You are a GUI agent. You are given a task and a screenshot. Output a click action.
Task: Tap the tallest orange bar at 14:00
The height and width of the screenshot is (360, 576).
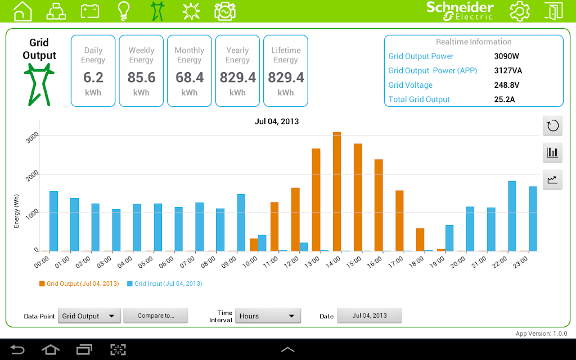[337, 191]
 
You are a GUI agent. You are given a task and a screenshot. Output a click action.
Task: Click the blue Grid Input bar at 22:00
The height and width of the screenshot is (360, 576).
[512, 216]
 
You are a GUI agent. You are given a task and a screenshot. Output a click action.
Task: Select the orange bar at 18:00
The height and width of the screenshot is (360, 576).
[420, 240]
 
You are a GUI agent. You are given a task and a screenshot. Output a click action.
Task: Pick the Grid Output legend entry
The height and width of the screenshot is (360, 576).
[79, 284]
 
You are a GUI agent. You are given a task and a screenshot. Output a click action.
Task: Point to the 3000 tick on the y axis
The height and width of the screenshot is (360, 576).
[32, 137]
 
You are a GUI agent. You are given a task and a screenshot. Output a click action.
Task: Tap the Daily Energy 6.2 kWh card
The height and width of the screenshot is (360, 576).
[93, 71]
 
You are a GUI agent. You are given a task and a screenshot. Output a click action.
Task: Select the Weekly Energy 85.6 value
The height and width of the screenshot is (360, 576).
[141, 77]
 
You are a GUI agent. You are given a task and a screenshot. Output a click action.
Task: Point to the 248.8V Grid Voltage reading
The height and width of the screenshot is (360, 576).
[506, 85]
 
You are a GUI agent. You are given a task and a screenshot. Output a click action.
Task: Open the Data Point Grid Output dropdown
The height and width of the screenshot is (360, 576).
[89, 316]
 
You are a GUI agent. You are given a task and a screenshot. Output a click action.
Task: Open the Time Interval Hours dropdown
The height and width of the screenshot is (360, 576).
[268, 316]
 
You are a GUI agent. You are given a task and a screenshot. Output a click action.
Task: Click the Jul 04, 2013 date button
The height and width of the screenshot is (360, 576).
[370, 316]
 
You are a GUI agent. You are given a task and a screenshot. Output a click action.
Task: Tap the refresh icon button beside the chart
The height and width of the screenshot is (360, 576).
[552, 125]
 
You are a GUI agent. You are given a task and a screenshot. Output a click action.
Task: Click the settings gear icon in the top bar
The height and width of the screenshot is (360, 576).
[520, 11]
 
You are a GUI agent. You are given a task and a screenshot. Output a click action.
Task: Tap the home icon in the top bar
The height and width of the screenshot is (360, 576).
[22, 11]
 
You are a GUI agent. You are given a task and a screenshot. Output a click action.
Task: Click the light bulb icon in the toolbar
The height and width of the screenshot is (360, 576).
[123, 11]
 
